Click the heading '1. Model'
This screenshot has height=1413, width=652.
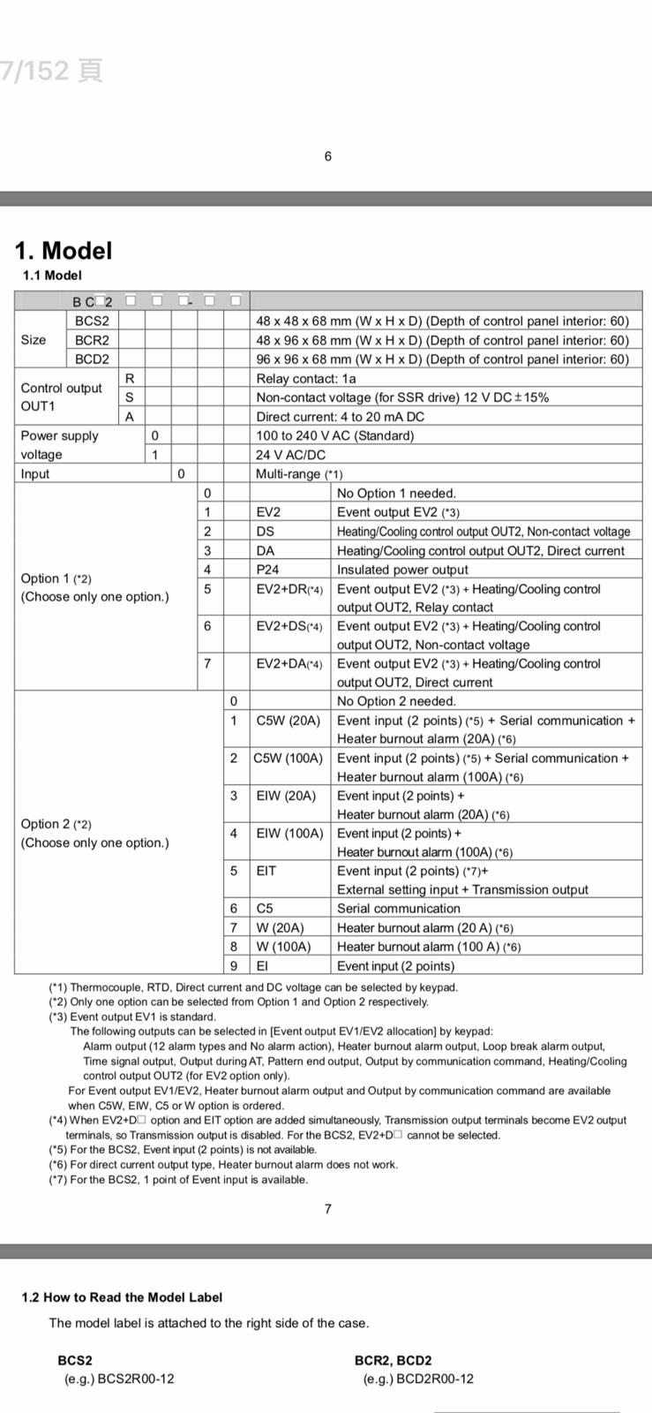tap(64, 251)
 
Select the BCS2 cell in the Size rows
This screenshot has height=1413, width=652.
tap(92, 321)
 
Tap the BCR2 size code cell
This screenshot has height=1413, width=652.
tap(92, 340)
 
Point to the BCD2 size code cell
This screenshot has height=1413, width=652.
tap(92, 359)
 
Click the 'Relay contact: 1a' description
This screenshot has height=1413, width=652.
tap(306, 378)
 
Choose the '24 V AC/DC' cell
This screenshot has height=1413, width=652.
tap(290, 455)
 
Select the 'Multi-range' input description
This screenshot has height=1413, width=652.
tap(299, 474)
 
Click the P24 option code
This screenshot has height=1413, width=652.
tap(267, 570)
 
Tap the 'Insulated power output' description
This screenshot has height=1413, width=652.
tap(402, 570)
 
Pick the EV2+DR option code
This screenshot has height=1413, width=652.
tap(289, 589)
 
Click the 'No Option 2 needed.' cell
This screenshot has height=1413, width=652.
tap(396, 701)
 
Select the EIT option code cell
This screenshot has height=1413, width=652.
tap(266, 871)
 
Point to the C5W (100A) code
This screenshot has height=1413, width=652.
tap(289, 759)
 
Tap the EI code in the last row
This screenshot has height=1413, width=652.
tap(262, 966)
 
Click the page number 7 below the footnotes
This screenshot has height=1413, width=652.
tap(328, 1209)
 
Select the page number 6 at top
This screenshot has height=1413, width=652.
tap(328, 156)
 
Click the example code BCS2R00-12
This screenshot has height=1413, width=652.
tap(119, 1379)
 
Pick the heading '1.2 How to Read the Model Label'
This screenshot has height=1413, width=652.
tap(122, 1297)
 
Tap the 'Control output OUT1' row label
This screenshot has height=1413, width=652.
tap(62, 397)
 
